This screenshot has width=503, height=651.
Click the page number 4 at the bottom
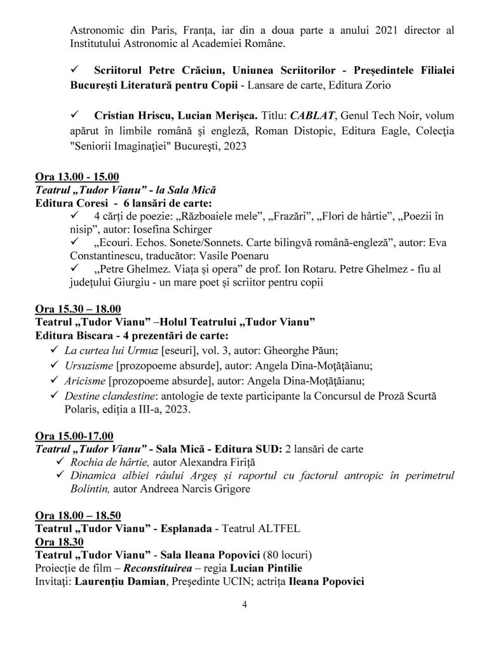pos(244,604)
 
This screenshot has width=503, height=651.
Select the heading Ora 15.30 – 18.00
pos(77,310)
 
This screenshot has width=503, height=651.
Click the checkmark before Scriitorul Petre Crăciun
pos(74,68)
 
